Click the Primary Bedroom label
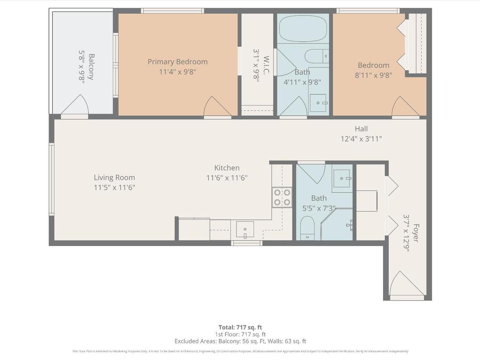(177, 61)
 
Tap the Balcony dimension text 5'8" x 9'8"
(81, 67)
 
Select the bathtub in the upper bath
(303, 29)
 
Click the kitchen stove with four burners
(282, 197)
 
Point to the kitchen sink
(245, 229)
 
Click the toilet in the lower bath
(307, 227)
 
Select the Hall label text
(361, 129)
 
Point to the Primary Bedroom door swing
(217, 106)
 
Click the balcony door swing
(75, 105)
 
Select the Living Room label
(114, 177)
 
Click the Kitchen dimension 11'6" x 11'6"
(227, 178)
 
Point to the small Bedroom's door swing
(405, 106)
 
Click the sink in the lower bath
(342, 178)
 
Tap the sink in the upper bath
(318, 103)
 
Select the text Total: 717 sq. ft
(240, 327)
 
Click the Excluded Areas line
(240, 341)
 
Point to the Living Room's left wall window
(52, 179)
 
